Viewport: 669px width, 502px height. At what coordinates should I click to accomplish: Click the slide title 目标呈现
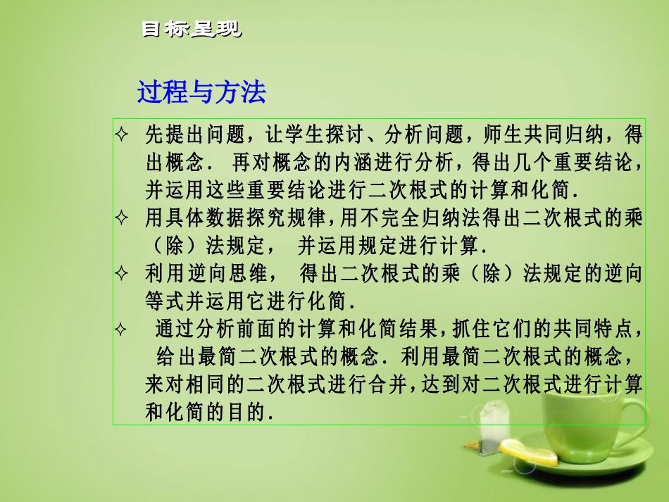click(191, 30)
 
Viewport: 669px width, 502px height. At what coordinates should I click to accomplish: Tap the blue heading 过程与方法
click(201, 92)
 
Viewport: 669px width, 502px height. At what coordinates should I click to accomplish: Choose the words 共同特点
click(599, 330)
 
